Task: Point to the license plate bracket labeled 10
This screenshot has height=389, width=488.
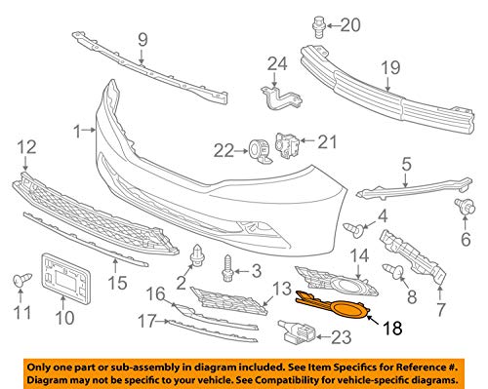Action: tap(64, 274)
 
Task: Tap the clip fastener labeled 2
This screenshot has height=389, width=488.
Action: tap(197, 257)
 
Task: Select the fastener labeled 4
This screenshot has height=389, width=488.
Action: tap(356, 230)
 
